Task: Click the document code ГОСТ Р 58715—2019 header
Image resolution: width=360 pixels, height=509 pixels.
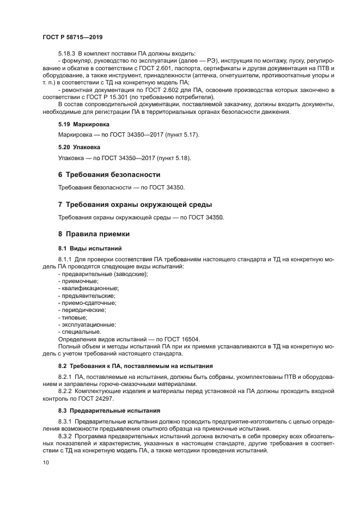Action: tap(72, 37)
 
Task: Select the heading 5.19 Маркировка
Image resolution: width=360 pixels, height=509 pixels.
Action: tap(81, 124)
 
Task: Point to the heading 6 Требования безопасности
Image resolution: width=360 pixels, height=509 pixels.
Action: tap(109, 175)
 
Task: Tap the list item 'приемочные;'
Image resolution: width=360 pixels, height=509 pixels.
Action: tap(79, 281)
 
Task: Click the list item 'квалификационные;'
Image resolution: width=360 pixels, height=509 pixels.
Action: tap(88, 288)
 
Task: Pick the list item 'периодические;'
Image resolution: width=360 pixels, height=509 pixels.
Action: tap(83, 310)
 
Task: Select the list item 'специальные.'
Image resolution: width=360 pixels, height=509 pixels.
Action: tap(80, 331)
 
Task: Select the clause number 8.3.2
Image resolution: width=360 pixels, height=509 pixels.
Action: tap(65, 436)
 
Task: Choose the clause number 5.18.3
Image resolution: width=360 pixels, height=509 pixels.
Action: tap(66, 53)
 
